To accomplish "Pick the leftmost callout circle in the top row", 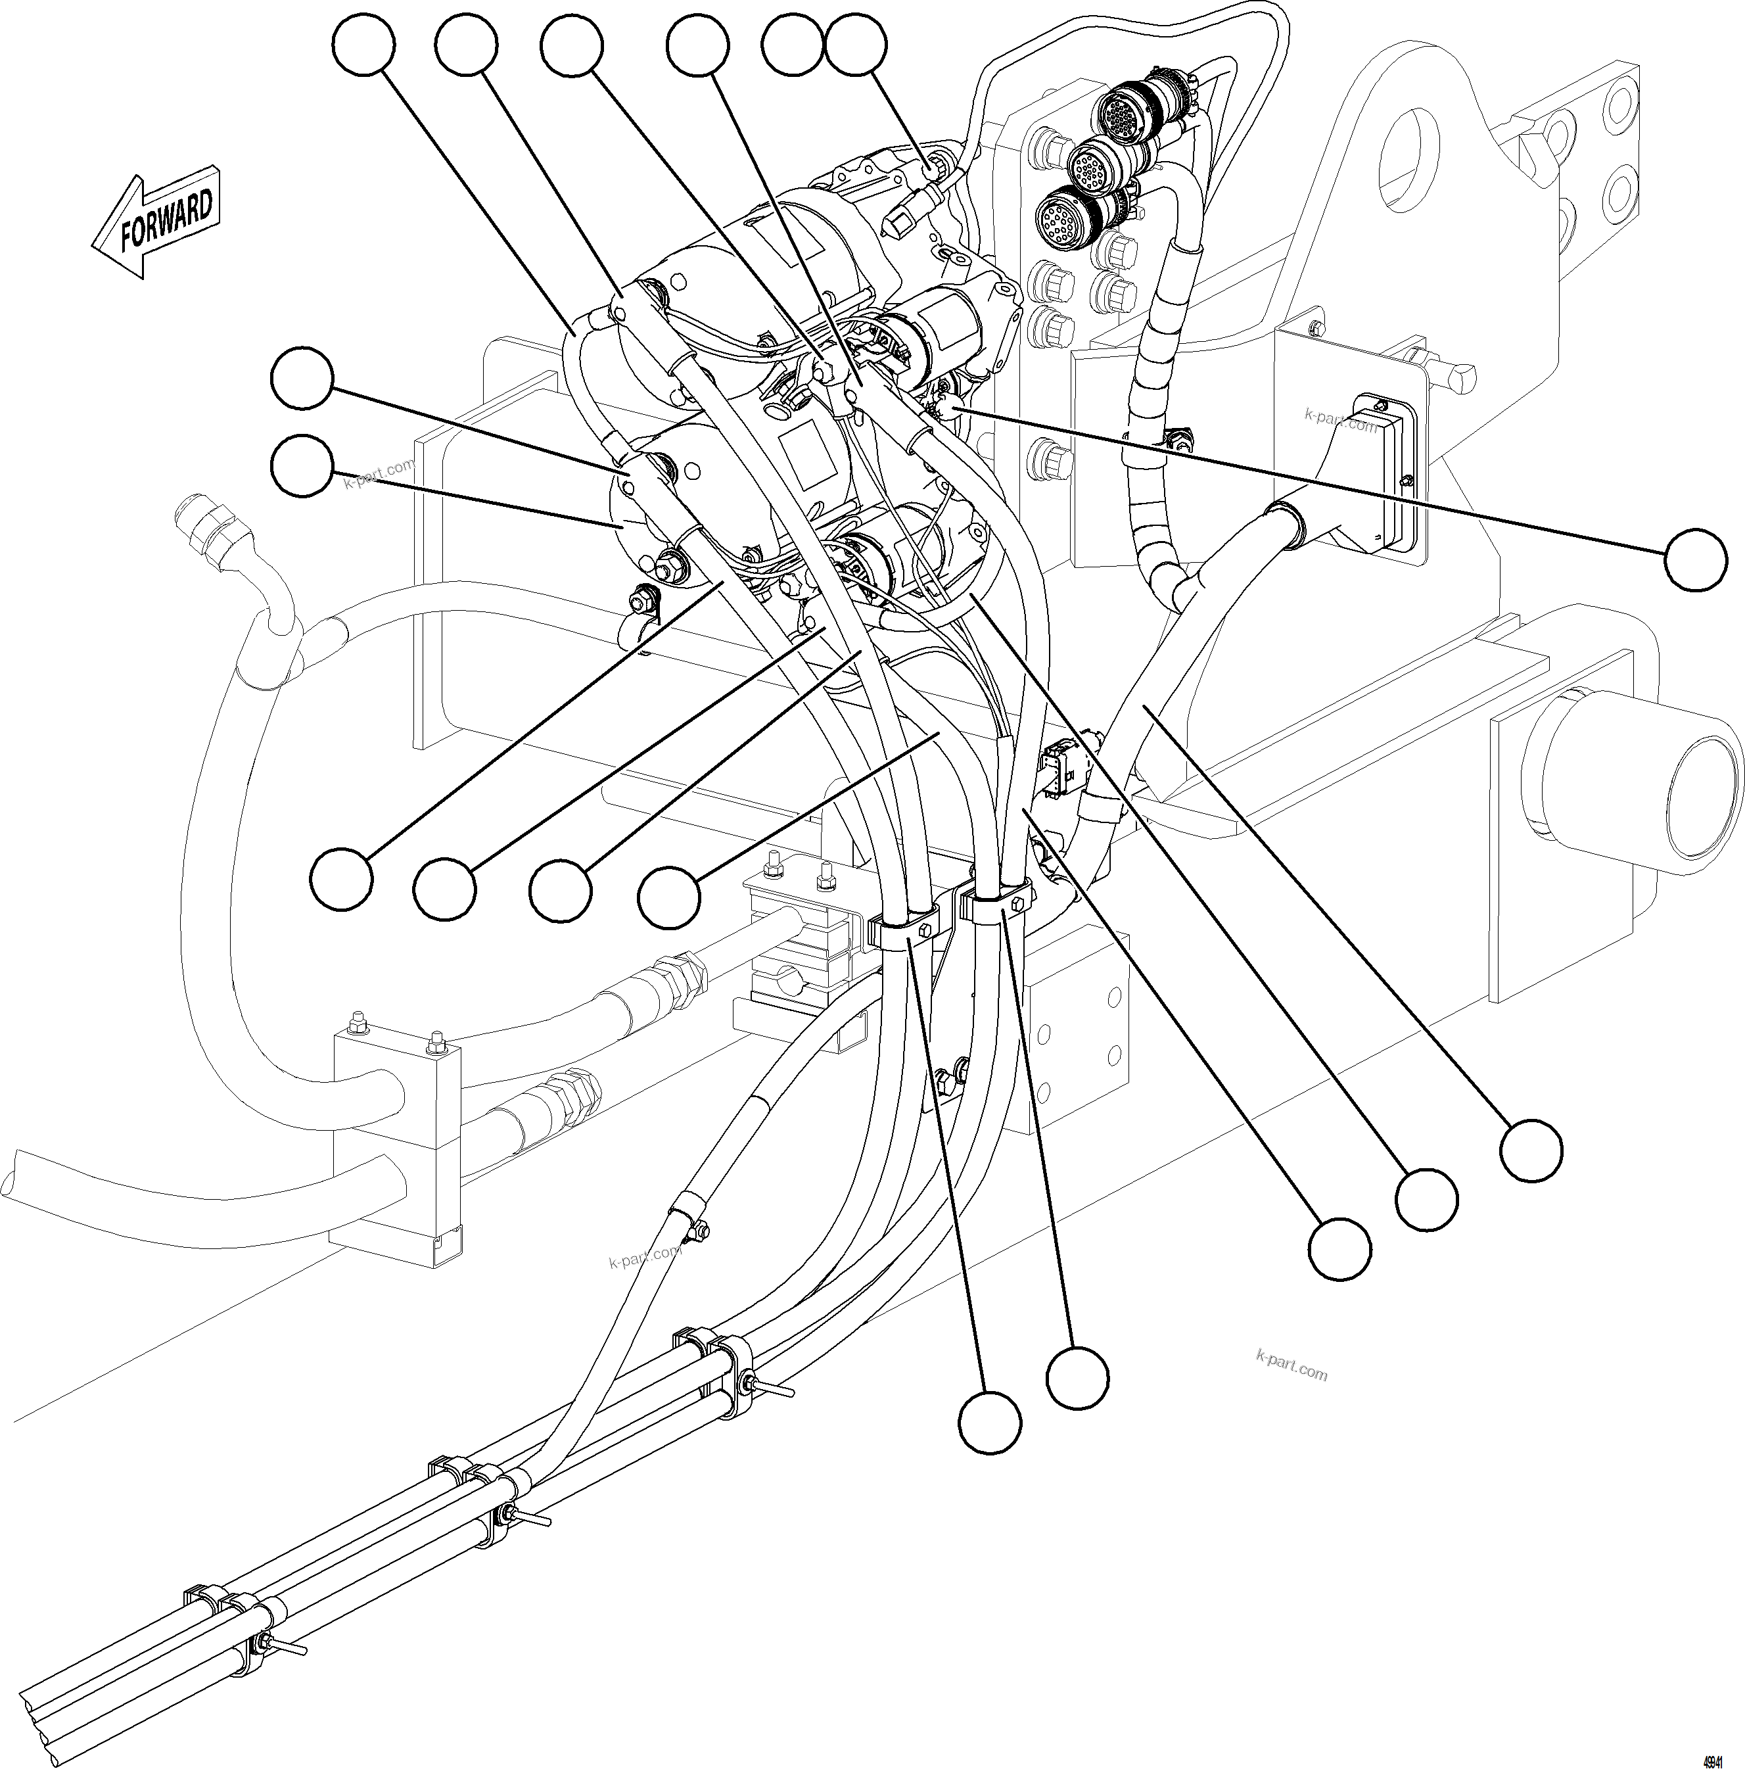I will coord(364,46).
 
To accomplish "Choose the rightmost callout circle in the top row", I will coord(856,46).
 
